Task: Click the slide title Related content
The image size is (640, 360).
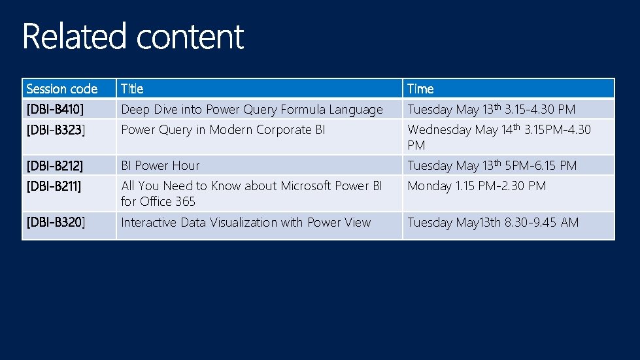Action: [133, 37]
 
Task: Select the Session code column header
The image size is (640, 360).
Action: [61, 89]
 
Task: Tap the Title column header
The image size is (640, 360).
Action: [132, 89]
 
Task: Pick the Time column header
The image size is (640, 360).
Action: [420, 89]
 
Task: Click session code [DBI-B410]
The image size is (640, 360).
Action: [55, 109]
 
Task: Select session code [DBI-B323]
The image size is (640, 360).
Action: [56, 129]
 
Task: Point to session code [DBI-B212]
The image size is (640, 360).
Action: [55, 165]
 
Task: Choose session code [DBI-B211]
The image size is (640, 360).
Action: [54, 186]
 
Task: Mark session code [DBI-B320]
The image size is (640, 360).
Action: [56, 222]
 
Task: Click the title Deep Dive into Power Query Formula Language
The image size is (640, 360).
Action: [252, 109]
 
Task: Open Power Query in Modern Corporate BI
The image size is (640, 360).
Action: [223, 129]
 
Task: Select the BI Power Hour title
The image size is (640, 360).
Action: [160, 165]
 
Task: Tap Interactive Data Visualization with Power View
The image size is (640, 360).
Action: [246, 222]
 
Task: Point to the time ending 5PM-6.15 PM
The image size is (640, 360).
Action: [541, 165]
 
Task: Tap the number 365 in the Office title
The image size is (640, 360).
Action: [185, 201]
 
